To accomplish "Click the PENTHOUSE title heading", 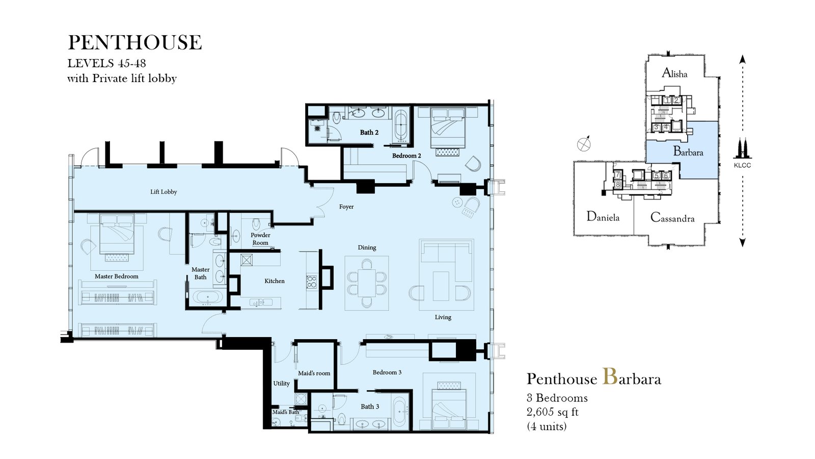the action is click(134, 42).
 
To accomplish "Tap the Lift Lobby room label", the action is click(164, 192).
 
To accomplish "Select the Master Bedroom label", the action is click(117, 276).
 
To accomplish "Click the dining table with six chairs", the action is click(367, 283).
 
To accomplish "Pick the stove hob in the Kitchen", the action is click(312, 282).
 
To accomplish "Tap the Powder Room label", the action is click(260, 239).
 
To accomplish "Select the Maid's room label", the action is click(314, 373).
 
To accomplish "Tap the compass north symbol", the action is click(584, 144).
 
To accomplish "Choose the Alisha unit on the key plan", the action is click(674, 73).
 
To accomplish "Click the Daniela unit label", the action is click(603, 217).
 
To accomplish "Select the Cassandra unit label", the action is click(672, 217).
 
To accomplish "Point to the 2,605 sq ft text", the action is click(552, 412).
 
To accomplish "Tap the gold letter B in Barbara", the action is click(610, 377).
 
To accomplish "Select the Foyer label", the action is click(346, 207).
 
